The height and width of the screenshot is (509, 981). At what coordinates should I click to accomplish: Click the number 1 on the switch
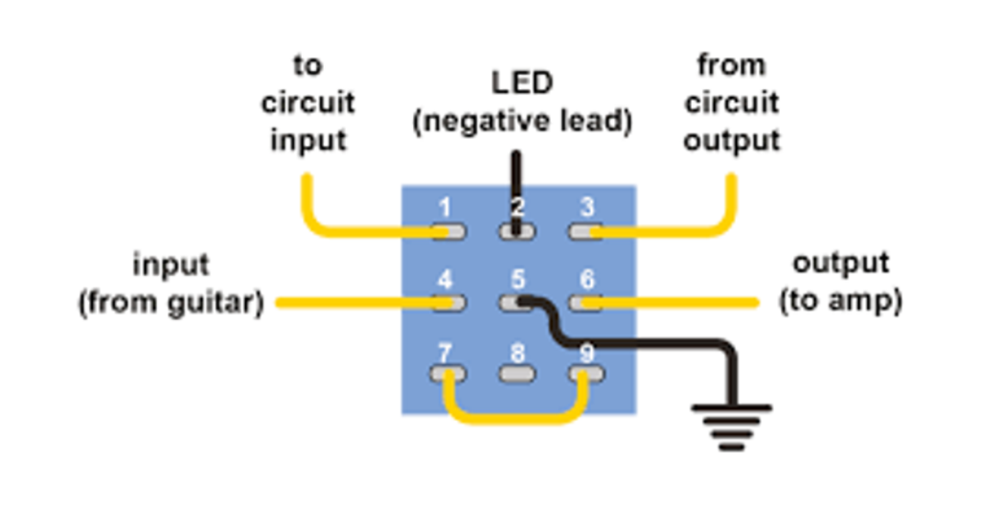[x=444, y=207]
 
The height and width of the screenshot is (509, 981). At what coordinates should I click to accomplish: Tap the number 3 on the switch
[x=586, y=207]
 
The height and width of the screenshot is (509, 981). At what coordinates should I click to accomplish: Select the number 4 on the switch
[x=444, y=280]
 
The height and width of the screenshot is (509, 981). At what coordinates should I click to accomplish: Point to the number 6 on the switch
[x=586, y=280]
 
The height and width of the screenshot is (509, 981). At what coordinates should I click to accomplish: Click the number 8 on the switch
[x=516, y=352]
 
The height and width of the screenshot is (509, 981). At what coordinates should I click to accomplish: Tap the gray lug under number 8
[x=516, y=375]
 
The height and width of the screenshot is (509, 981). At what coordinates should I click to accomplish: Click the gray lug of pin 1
[x=447, y=231]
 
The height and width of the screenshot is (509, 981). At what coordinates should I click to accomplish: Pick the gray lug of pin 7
[x=445, y=375]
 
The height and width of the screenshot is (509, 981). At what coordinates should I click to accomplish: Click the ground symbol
[x=730, y=426]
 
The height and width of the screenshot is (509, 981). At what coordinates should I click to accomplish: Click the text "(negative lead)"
[x=522, y=123]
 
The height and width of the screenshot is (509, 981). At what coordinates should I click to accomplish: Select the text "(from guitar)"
[x=171, y=303]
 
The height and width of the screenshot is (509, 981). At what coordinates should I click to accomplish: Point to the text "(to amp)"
[x=840, y=302]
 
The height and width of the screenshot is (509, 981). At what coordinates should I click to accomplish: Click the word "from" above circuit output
[x=731, y=65]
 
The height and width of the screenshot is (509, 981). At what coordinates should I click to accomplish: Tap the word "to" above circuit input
[x=308, y=65]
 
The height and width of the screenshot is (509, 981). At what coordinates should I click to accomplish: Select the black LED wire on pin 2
[x=516, y=177]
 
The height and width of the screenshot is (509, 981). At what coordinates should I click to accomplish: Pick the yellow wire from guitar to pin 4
[x=354, y=303]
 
